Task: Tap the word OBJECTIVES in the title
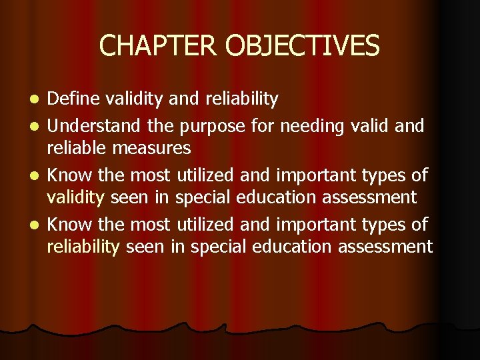click(x=302, y=45)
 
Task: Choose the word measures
click(x=158, y=147)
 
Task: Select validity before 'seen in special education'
click(x=75, y=197)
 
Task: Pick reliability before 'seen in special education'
click(x=83, y=247)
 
